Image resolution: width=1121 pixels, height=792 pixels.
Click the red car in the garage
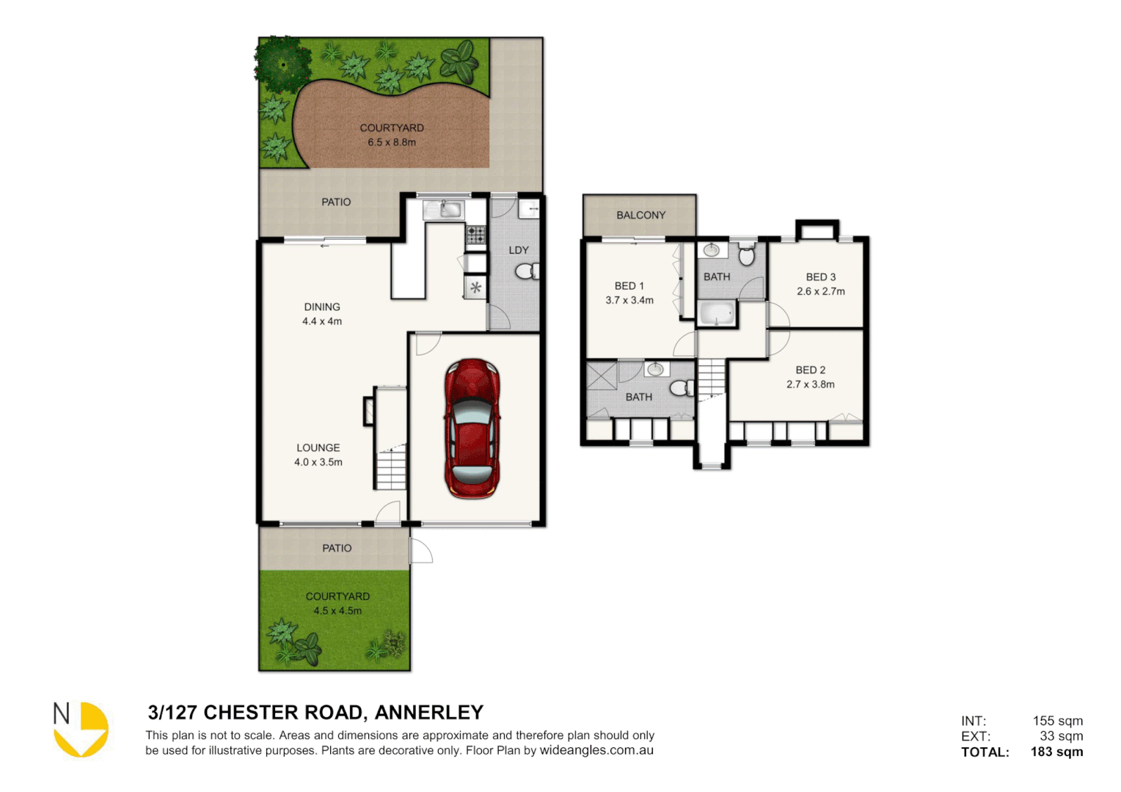(x=472, y=428)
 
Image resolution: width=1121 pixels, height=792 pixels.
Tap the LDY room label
(x=519, y=250)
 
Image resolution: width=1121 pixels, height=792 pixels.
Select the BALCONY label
(x=640, y=215)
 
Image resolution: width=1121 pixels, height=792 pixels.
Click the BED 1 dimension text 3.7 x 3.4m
(x=629, y=300)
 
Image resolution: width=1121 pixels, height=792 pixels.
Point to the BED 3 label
(x=820, y=276)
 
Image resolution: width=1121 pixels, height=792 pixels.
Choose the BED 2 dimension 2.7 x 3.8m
(x=810, y=384)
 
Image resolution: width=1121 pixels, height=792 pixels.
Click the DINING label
(x=322, y=307)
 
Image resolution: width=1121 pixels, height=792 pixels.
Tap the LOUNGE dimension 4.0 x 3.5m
(x=318, y=462)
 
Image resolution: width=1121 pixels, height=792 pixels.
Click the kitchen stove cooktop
(x=475, y=235)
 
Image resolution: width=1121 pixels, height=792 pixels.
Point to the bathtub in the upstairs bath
(x=716, y=315)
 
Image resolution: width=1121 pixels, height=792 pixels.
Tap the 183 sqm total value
(x=1056, y=752)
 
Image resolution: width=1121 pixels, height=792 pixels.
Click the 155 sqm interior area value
(x=1057, y=721)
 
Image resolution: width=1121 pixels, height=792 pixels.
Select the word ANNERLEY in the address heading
(x=429, y=712)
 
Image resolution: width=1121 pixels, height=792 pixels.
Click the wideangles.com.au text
(x=596, y=750)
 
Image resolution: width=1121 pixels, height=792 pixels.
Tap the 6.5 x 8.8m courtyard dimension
(x=392, y=142)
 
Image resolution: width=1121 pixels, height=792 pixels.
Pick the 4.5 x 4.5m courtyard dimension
(x=337, y=610)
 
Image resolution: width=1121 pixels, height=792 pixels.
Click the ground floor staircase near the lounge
(x=391, y=469)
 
